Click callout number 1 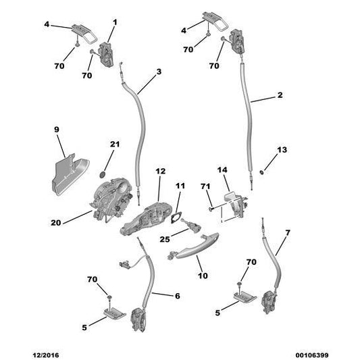pyautogui.click(x=113, y=22)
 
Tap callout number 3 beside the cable pyautogui.click(x=158, y=72)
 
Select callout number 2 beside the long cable pyautogui.click(x=280, y=96)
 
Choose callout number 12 pyautogui.click(x=160, y=172)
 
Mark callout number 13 pyautogui.click(x=282, y=149)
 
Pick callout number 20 pyautogui.click(x=55, y=221)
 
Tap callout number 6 pyautogui.click(x=177, y=295)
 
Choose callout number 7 pyautogui.click(x=288, y=233)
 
